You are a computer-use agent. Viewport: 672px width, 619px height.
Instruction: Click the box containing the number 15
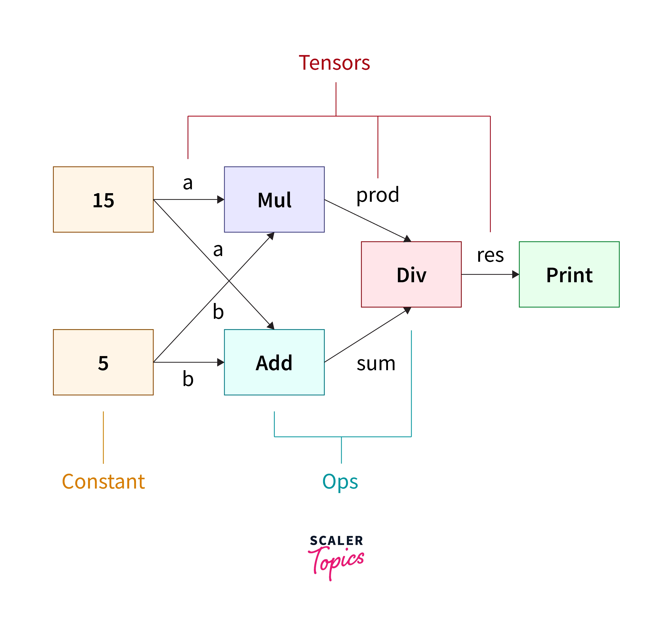103,200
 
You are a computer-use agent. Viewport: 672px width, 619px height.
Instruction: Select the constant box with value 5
103,362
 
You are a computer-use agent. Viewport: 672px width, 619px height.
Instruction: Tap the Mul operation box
274,200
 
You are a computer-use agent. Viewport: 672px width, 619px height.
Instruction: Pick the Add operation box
274,362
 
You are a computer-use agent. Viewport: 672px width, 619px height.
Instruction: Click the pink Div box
411,274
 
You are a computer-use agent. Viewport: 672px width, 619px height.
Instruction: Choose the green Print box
569,274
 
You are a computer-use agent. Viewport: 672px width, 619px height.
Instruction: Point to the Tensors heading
334,63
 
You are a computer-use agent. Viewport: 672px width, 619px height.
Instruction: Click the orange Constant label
103,482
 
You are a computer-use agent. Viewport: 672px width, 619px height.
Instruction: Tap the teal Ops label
340,482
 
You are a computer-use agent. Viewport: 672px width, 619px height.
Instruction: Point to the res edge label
490,255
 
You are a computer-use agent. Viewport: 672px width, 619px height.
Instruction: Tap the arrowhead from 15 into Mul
221,200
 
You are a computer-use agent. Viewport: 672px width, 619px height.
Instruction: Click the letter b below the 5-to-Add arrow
188,379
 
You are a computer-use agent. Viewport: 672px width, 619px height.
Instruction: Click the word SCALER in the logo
336,541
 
